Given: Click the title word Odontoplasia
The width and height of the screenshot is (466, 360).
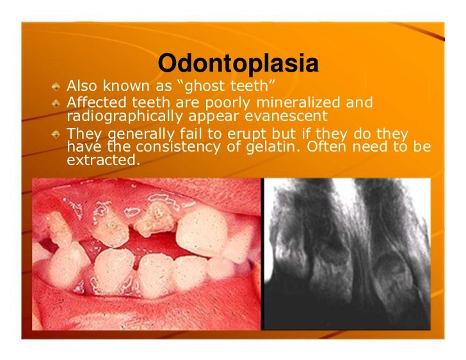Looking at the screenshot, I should [x=238, y=63].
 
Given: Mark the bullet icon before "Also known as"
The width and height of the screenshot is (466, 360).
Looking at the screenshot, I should [x=57, y=86].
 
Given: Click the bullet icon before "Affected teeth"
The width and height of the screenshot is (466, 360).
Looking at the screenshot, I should [x=57, y=102].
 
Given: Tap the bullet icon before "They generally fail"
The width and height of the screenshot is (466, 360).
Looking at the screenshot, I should [x=57, y=134].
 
